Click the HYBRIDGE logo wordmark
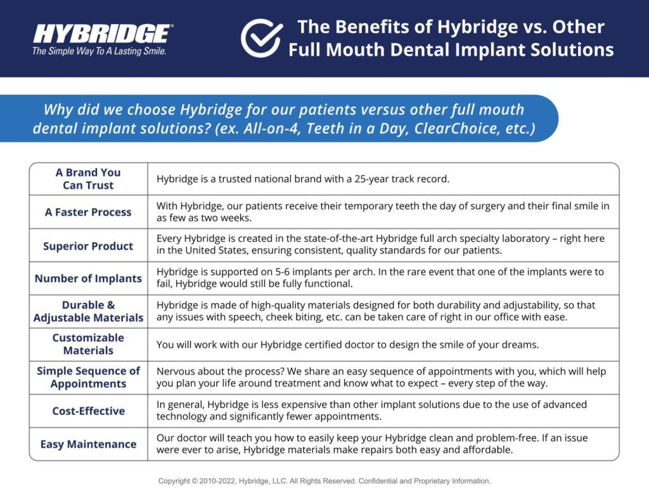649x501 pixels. point(102,34)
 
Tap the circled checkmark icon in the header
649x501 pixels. point(262,38)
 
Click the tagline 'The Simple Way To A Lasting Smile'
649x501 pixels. point(100,51)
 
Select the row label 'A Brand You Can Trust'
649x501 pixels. point(88,179)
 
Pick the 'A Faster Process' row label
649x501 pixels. point(88,212)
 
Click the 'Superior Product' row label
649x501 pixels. point(88,246)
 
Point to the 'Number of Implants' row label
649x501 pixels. point(88,279)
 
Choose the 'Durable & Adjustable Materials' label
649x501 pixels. point(88,311)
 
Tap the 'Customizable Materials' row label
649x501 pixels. point(88,344)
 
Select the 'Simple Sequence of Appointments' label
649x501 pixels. point(88,377)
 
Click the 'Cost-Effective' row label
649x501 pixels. point(88,411)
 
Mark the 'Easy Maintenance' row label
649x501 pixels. point(88,445)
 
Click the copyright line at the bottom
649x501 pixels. point(324,481)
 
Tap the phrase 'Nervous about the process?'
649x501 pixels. point(220,372)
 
